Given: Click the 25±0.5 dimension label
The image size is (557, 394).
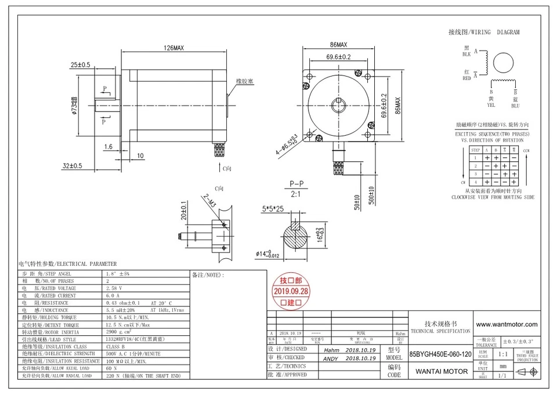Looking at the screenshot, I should click(80, 65).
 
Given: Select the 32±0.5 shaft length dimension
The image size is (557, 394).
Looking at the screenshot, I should click(73, 166).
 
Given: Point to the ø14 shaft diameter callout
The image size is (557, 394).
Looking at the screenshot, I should click(269, 254).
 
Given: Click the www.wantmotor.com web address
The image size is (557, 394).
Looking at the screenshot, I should click(506, 324).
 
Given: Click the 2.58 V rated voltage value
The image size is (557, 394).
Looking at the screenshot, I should click(113, 288).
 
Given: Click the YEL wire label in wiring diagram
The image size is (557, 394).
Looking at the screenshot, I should click(491, 105).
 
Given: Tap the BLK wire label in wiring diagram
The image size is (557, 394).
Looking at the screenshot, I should click(466, 54).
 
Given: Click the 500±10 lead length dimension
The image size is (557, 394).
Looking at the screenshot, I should click(370, 200).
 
